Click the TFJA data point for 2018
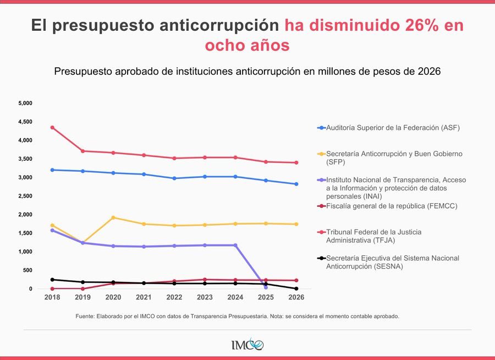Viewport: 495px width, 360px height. pyautogui.click(x=52, y=128)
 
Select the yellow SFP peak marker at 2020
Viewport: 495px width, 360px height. pyautogui.click(x=113, y=217)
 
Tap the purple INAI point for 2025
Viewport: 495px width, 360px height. pyautogui.click(x=266, y=287)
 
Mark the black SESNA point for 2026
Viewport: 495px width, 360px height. pyautogui.click(x=296, y=288)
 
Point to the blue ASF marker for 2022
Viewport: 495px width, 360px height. pyautogui.click(x=174, y=178)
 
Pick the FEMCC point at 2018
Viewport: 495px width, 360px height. pyautogui.click(x=52, y=288)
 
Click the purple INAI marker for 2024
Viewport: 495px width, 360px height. pyautogui.click(x=235, y=246)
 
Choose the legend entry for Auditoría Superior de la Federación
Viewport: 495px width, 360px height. pyautogui.click(x=392, y=128)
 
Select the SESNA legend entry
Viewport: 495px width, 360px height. pyautogui.click(x=392, y=261)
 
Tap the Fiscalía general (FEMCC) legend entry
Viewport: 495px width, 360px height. pyautogui.click(x=392, y=206)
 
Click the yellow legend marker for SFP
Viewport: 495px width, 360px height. pyautogui.click(x=322, y=154)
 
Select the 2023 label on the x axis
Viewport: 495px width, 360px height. pyautogui.click(x=205, y=297)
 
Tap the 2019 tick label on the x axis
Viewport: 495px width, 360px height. pyautogui.click(x=82, y=297)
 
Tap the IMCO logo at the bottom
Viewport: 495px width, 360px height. pyautogui.click(x=248, y=345)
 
